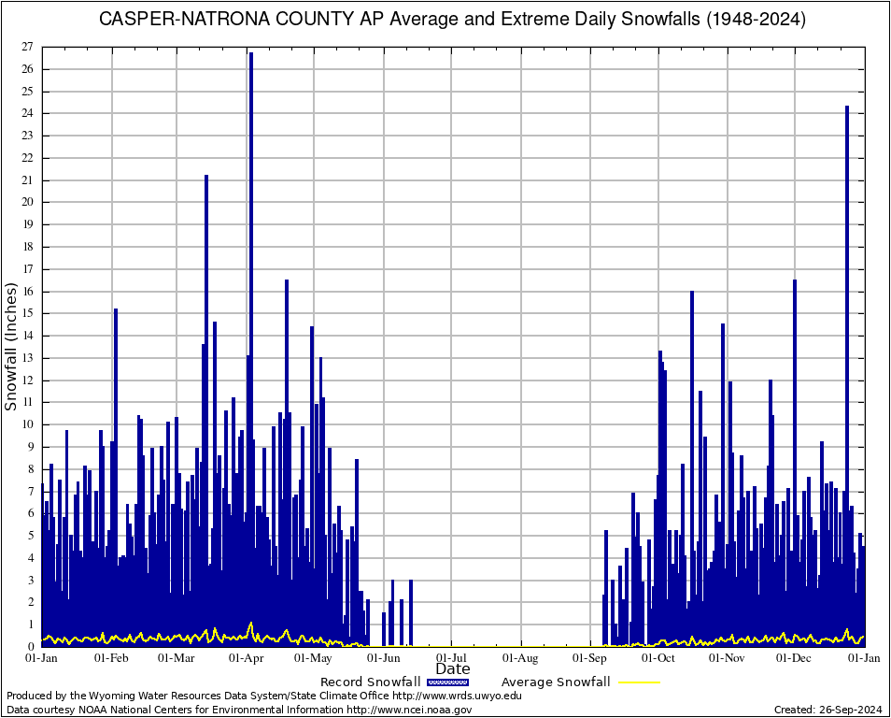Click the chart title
452,19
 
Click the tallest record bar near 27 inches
251,280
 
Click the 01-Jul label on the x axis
452,658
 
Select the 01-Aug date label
521,658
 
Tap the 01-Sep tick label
590,658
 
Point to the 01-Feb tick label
111,658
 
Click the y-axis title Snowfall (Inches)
12,347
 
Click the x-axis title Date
453,669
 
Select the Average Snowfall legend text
556,682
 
